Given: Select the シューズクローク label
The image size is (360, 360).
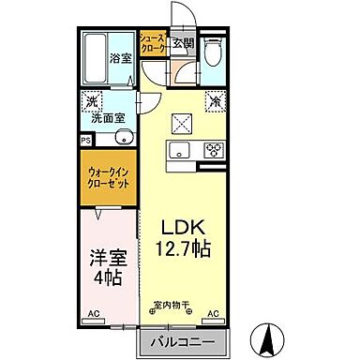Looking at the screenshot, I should click(x=153, y=43).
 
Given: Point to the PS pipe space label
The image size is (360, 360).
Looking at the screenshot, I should click(x=86, y=138).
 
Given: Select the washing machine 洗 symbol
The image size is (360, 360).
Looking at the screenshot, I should click(x=92, y=101).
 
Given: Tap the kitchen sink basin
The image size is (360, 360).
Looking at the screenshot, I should click(x=180, y=150).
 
